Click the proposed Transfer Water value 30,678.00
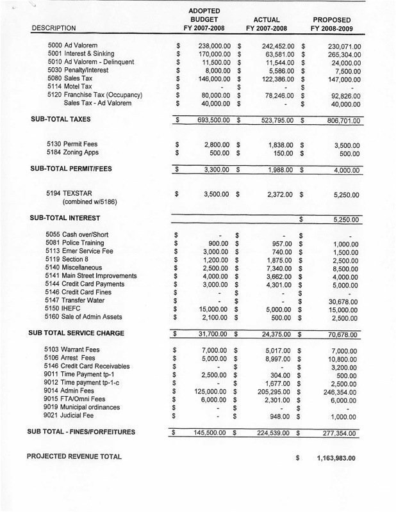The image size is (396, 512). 345,301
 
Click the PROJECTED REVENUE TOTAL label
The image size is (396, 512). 74,456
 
